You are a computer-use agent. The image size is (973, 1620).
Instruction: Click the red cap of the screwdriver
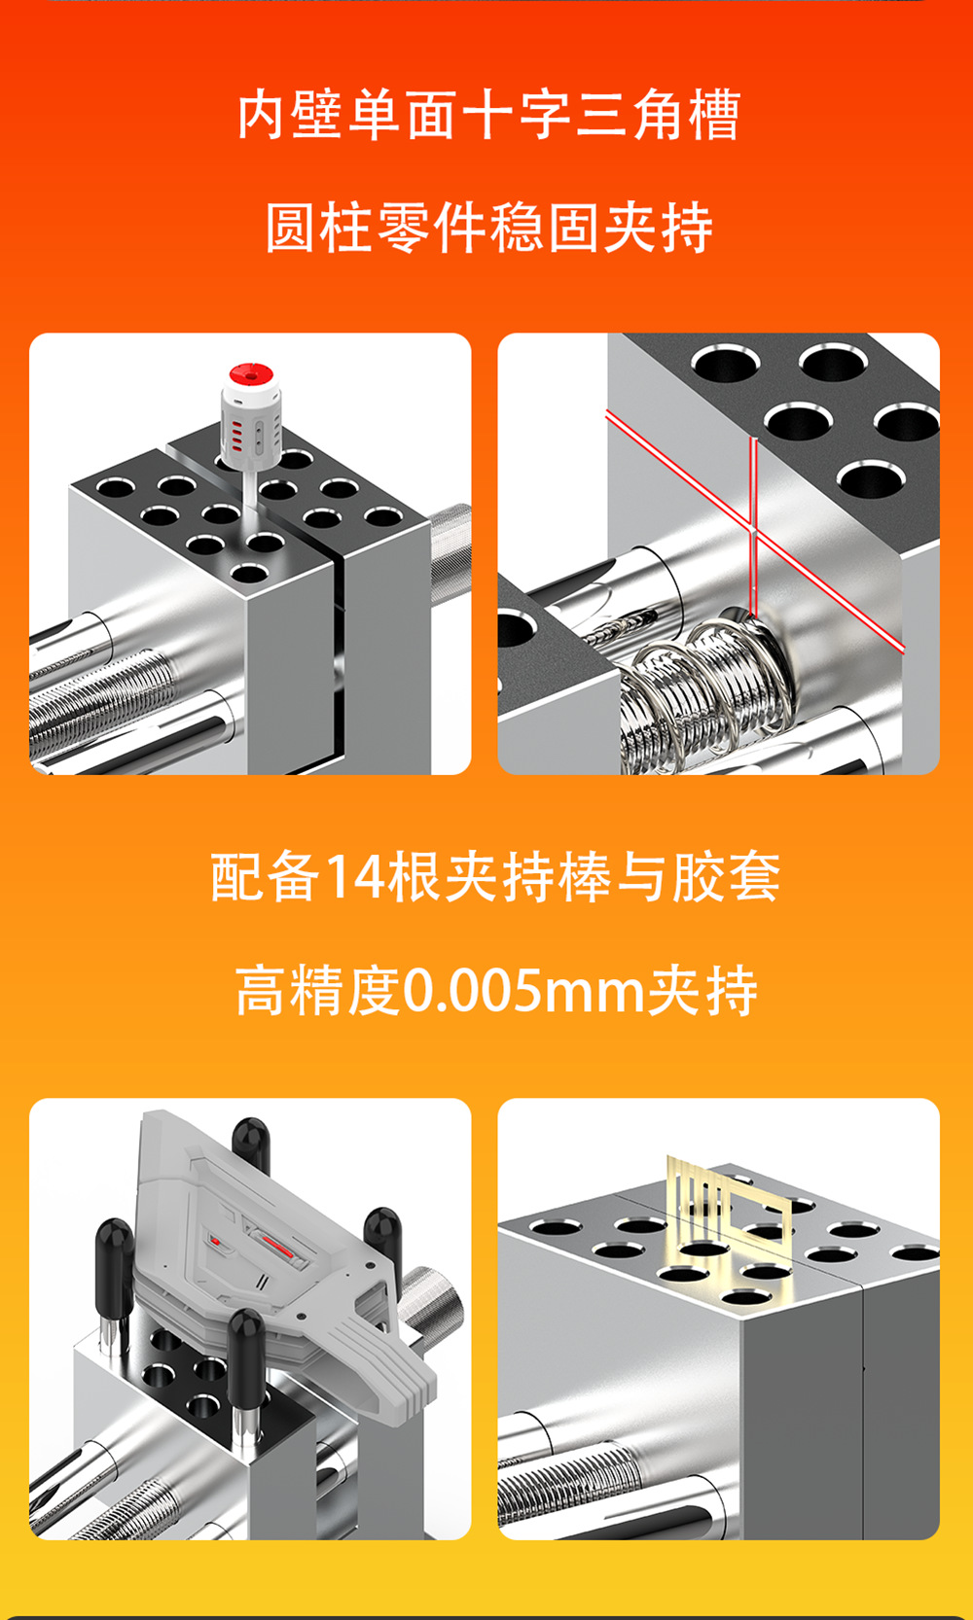coord(251,374)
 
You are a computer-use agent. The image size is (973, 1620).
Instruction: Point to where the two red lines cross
coord(753,531)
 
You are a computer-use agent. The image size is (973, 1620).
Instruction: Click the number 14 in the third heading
coord(354,877)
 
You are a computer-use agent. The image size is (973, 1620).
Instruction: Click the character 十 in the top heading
coord(486,115)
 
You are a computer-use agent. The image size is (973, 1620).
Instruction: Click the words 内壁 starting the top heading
coord(291,115)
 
